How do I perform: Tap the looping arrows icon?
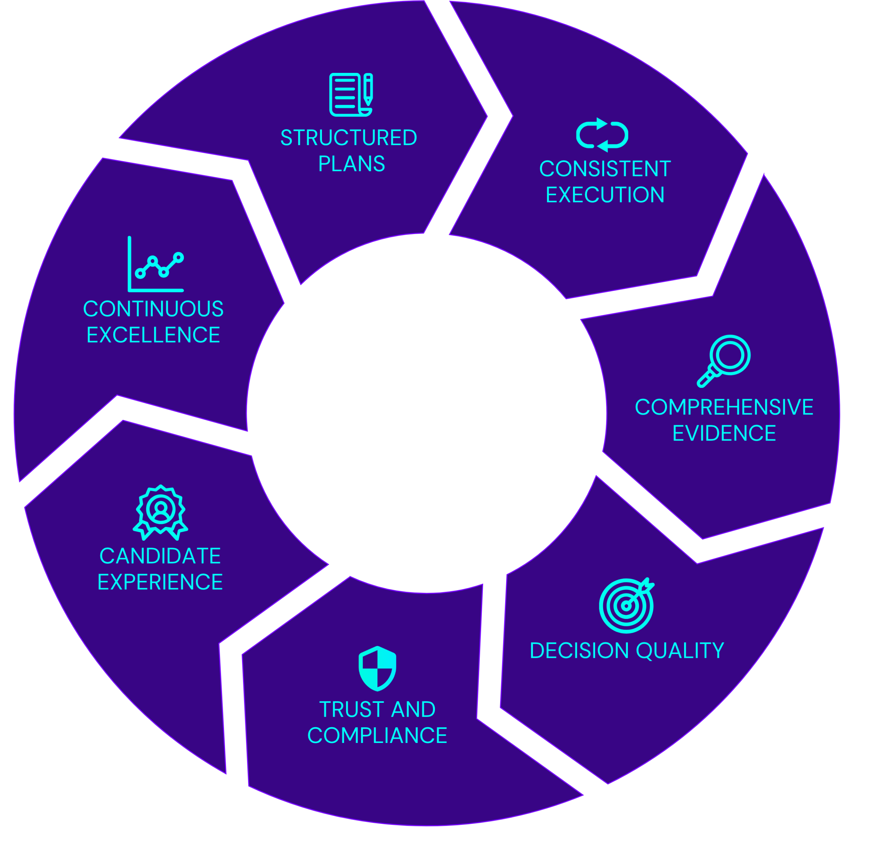(602, 135)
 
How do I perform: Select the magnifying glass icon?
(723, 361)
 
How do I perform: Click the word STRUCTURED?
(348, 138)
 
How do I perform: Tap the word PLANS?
(351, 164)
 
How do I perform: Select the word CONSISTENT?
(605, 169)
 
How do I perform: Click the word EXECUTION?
(605, 195)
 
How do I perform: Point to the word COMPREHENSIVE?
(724, 407)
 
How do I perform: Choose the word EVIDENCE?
(724, 433)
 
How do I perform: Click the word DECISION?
(579, 651)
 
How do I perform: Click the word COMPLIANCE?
(377, 736)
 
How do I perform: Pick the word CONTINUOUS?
(153, 309)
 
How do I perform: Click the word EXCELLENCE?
(153, 336)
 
